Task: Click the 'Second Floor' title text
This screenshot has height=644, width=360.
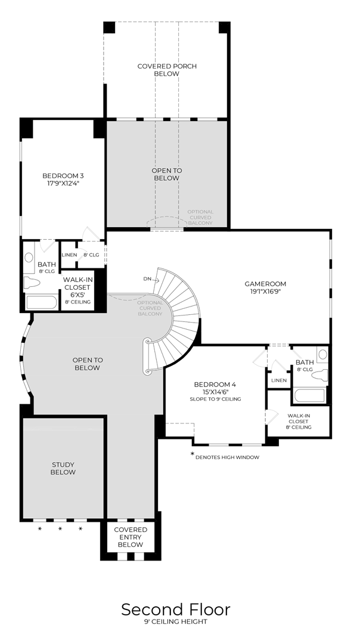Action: tap(175, 609)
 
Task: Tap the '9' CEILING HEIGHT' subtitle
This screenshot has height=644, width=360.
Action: tap(175, 623)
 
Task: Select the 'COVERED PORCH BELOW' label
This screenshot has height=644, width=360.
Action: tap(167, 70)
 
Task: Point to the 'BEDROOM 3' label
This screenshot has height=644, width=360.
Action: tap(63, 175)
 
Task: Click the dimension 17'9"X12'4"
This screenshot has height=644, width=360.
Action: tap(63, 184)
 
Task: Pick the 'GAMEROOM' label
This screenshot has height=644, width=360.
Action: tap(265, 284)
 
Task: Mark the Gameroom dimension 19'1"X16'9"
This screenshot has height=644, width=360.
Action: tap(265, 292)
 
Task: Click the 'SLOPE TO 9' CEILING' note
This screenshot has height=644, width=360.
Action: tap(215, 399)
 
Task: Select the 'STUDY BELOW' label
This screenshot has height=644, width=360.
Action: tap(63, 468)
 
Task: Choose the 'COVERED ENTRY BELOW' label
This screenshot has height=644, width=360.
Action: tap(131, 537)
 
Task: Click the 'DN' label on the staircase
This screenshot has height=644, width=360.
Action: tap(147, 279)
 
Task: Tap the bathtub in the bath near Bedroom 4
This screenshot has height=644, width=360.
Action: tap(309, 396)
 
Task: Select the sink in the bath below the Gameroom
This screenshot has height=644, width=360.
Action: tap(322, 355)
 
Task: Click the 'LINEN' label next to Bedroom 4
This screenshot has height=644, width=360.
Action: tap(279, 380)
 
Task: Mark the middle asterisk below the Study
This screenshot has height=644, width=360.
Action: tap(60, 529)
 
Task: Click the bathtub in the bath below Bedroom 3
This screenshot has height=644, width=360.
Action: tap(42, 302)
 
